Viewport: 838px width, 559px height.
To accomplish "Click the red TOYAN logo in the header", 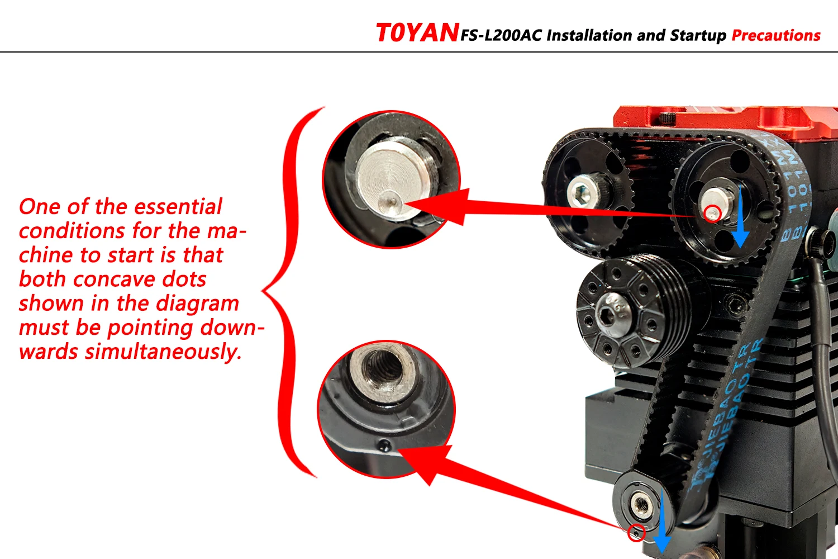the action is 417,32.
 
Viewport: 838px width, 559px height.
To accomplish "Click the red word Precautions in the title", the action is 776,35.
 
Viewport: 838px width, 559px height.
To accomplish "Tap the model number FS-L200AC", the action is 501,35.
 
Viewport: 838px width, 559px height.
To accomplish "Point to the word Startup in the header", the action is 698,36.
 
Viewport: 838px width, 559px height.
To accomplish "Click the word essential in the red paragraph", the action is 178,207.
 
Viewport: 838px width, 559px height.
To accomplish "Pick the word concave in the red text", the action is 114,279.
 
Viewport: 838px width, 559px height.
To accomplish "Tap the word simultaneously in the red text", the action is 163,352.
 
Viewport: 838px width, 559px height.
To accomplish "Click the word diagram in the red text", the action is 197,304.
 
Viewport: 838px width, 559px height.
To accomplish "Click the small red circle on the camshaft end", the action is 712,214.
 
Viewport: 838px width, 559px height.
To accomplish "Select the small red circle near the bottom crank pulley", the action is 636,532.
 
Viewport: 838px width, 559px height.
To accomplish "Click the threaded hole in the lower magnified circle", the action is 384,368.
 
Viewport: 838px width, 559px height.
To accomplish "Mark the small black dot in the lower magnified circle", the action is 383,445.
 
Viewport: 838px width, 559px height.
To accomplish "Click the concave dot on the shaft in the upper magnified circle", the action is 392,201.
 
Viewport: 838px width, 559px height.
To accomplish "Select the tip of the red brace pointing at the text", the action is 262,291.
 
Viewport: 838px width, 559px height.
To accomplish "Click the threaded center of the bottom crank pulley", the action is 642,506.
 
